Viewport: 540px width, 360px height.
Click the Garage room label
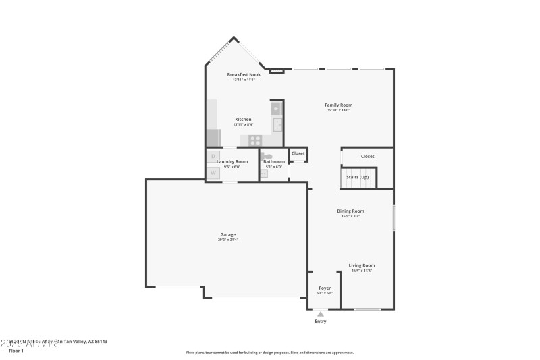(x=227, y=234)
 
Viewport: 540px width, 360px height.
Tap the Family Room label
(x=338, y=105)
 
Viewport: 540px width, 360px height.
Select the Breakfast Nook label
(x=244, y=74)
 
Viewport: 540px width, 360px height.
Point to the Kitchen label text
(x=243, y=119)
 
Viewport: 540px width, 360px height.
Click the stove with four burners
(x=255, y=140)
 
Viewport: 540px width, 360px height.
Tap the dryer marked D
(x=213, y=157)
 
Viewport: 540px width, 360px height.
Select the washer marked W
(x=213, y=173)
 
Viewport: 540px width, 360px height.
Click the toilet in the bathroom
(x=268, y=157)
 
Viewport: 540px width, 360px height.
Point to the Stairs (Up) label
(x=357, y=177)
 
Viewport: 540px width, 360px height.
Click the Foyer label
(x=325, y=288)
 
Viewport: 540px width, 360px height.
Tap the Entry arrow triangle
(x=321, y=313)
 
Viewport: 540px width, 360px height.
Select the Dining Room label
(x=350, y=211)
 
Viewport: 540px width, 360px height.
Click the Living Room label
(x=361, y=265)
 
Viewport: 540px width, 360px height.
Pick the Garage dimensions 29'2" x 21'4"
(x=227, y=240)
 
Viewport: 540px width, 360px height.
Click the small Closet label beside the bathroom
(x=298, y=153)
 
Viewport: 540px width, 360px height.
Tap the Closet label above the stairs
(x=367, y=156)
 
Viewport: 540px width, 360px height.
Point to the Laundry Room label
(x=232, y=161)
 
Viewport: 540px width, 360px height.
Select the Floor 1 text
(x=16, y=351)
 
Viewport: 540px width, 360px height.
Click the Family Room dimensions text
(x=338, y=110)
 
